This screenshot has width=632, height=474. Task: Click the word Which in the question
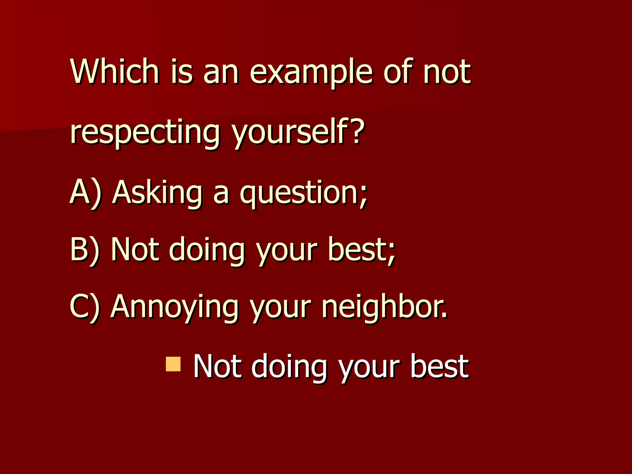(x=114, y=72)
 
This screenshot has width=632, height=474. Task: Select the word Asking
(x=157, y=193)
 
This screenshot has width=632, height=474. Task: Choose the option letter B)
(x=85, y=249)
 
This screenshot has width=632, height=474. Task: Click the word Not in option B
(x=135, y=249)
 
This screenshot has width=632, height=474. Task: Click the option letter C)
(x=85, y=306)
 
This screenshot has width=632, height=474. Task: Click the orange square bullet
(x=173, y=364)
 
